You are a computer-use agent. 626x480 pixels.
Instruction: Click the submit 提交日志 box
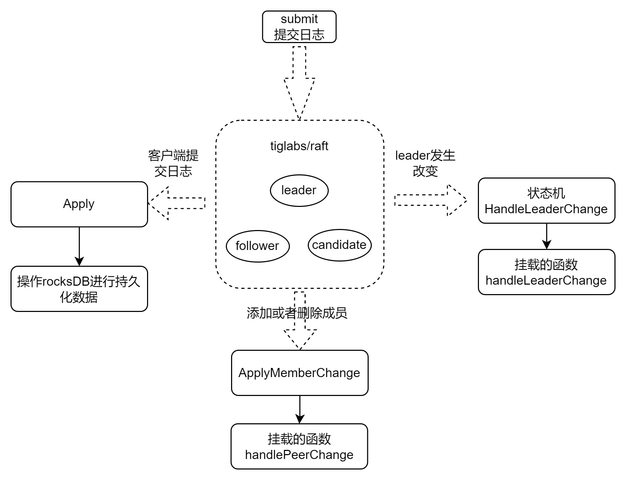(299, 27)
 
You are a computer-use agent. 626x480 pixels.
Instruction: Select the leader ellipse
(299, 190)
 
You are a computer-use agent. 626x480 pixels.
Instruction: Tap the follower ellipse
(258, 246)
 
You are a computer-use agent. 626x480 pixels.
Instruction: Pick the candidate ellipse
(339, 245)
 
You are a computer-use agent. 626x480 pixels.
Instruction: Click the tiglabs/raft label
(299, 146)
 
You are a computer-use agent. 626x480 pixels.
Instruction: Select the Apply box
(79, 204)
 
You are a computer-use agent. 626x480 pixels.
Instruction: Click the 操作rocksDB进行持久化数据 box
(79, 289)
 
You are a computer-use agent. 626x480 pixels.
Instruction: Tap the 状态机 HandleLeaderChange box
(546, 201)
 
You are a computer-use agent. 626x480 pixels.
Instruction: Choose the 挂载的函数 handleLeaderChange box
(546, 272)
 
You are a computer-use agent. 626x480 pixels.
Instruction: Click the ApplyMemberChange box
(299, 373)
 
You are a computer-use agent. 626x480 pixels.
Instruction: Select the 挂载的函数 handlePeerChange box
(299, 446)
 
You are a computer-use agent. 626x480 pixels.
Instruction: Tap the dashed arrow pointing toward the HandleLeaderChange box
(431, 200)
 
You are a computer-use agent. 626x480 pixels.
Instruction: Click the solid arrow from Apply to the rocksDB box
(79, 246)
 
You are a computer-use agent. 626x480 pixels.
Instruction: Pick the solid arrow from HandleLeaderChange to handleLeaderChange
(547, 236)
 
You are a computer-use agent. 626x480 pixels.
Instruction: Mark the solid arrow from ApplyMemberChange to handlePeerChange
(300, 410)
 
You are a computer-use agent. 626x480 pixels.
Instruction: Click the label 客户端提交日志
(173, 163)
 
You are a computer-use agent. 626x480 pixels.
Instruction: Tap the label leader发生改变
(425, 163)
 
